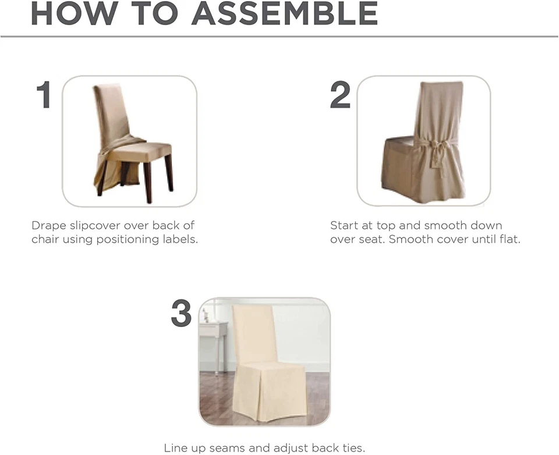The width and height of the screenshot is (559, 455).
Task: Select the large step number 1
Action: click(x=44, y=95)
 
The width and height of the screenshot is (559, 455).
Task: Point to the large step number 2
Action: click(x=340, y=95)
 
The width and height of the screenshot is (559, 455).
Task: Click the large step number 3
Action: click(x=181, y=314)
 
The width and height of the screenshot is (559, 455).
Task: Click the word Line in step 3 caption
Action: click(x=176, y=448)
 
